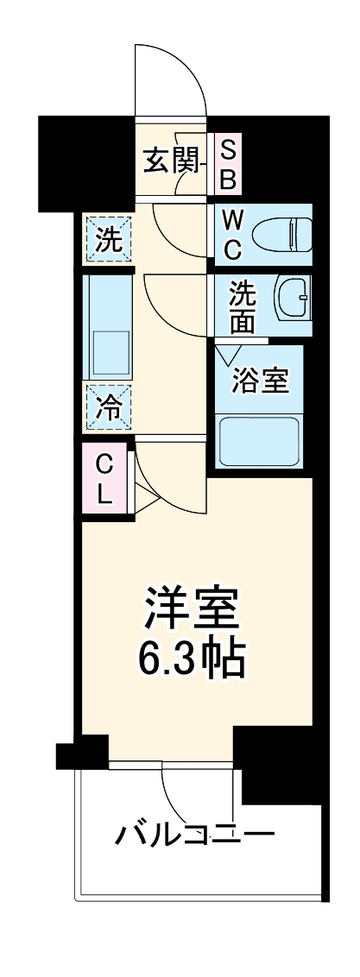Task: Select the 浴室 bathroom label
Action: tap(260, 381)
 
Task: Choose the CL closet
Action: tap(104, 481)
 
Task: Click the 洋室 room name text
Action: tap(190, 609)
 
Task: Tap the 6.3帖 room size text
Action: tap(190, 660)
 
